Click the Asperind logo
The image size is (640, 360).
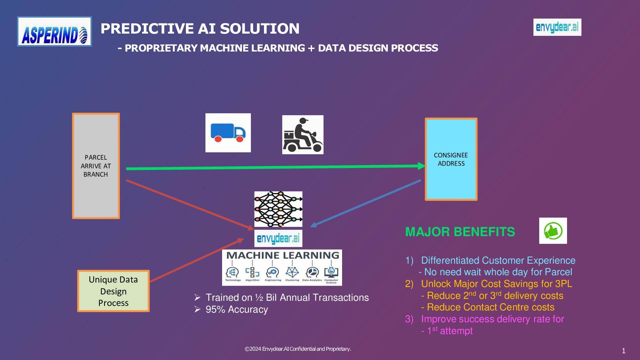54,32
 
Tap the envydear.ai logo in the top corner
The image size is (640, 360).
557,27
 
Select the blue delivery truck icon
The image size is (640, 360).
228,133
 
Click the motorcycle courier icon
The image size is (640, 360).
303,135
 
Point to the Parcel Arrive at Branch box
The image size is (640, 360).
96,166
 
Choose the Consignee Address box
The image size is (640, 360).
451,159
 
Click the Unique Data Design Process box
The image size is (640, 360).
113,291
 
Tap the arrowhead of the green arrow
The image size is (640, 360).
421,166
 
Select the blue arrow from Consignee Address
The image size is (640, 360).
365,203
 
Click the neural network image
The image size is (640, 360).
278,209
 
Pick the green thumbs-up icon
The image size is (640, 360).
553,231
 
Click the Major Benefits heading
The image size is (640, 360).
460,232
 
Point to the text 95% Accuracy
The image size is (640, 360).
236,309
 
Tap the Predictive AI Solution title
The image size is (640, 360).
200,28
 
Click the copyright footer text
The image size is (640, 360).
298,349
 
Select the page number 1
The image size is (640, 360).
623,351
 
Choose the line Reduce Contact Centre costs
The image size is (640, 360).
490,307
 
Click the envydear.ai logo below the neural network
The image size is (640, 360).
278,238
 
